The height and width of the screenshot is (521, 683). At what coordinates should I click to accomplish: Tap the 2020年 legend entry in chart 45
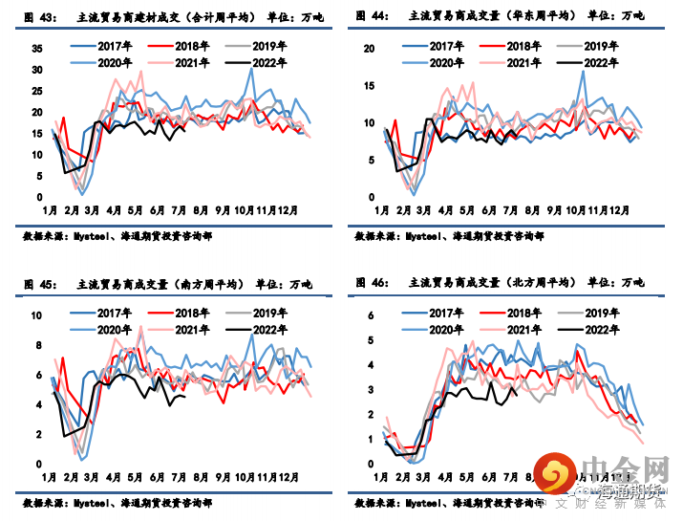pyautogui.click(x=115, y=330)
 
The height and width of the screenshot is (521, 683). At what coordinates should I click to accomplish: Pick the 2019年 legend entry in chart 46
pyautogui.click(x=600, y=314)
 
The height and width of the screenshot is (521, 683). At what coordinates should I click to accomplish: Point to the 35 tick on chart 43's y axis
pyautogui.click(x=37, y=49)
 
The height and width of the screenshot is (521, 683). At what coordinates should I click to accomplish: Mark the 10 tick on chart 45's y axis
pyautogui.click(x=37, y=315)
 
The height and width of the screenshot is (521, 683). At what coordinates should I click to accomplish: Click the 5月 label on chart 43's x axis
pyautogui.click(x=135, y=209)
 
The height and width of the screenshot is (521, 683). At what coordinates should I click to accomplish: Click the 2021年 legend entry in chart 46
pyautogui.click(x=524, y=330)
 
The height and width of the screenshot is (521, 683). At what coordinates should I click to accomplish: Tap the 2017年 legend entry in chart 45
pyautogui.click(x=115, y=314)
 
